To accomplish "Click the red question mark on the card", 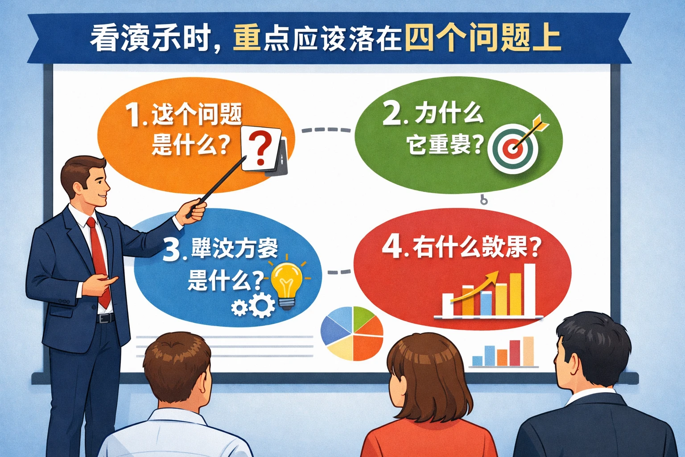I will click(260, 148).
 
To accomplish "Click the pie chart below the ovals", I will click(352, 333).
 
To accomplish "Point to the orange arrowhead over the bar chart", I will click(491, 276).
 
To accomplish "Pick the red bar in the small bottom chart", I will click(515, 352).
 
